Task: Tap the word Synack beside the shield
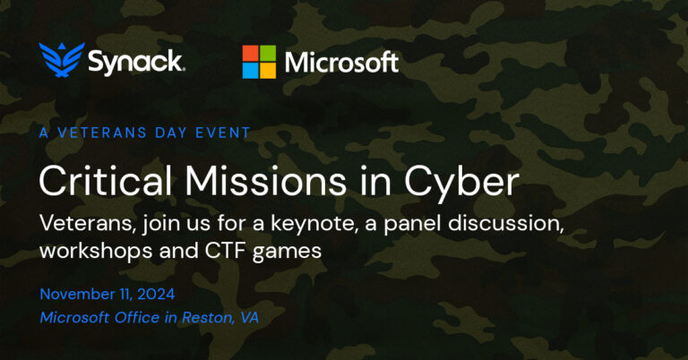[135, 62]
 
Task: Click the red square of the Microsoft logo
[253, 54]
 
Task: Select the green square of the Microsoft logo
[268, 54]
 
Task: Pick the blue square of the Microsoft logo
[253, 69]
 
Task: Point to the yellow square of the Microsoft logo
[268, 69]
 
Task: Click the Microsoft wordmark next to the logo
[341, 62]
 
